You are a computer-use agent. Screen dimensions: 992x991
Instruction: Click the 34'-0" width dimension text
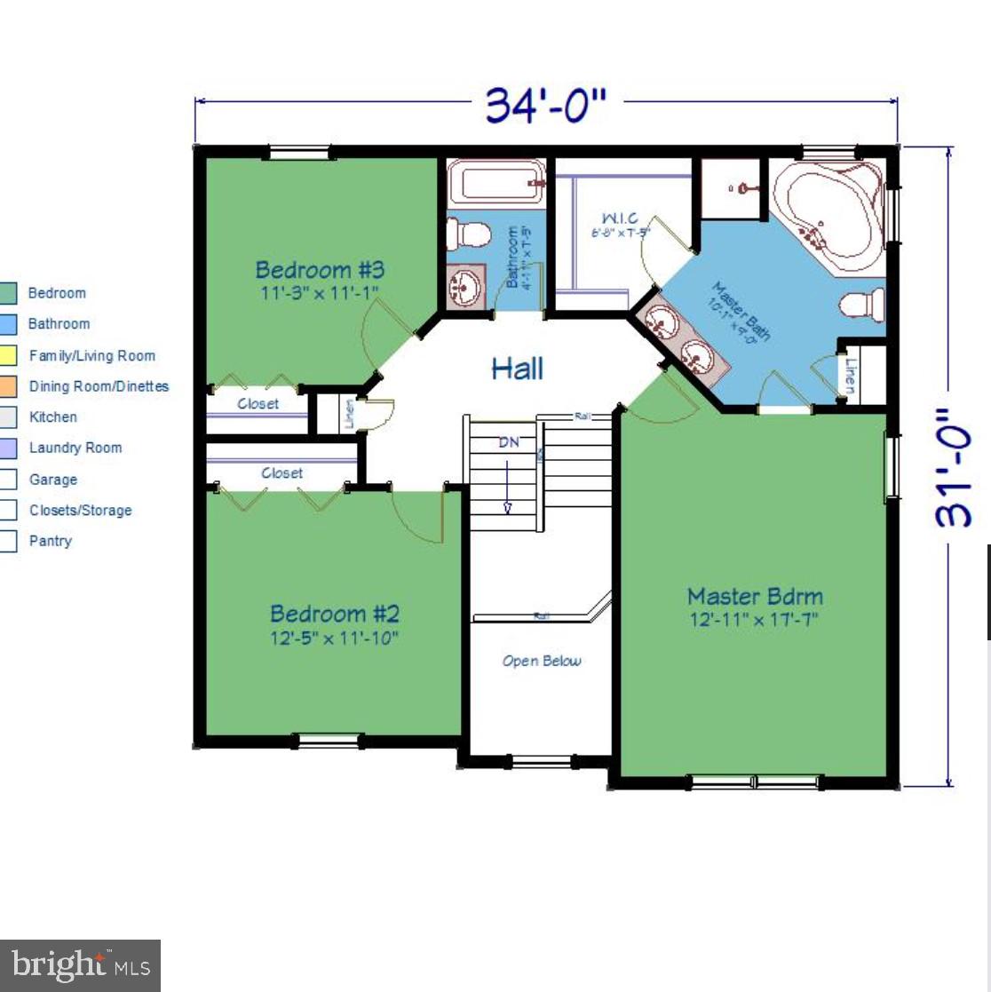[x=545, y=106]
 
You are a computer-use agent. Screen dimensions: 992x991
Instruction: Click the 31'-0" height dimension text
[x=955, y=467]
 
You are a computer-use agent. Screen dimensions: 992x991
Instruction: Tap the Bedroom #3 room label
[x=320, y=269]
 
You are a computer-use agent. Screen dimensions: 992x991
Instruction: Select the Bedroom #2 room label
[x=334, y=614]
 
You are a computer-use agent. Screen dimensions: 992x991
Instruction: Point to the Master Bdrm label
[x=755, y=596]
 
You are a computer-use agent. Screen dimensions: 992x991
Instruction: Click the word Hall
[x=517, y=369]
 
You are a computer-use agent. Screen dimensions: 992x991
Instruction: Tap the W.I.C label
[x=619, y=218]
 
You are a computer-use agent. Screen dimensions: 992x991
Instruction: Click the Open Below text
[x=542, y=661]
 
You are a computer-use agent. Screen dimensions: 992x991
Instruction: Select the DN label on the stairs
[x=508, y=442]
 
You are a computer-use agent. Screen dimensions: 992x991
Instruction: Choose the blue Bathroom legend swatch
[x=7, y=324]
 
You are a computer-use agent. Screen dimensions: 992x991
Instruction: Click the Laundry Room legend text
[x=75, y=448]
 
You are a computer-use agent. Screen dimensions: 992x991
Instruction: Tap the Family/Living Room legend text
[x=91, y=355]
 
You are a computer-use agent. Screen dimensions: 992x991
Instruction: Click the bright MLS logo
[x=80, y=965]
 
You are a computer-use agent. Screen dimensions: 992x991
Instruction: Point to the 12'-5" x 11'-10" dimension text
[x=334, y=638]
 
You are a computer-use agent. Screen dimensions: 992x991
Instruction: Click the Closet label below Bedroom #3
[x=258, y=404]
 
